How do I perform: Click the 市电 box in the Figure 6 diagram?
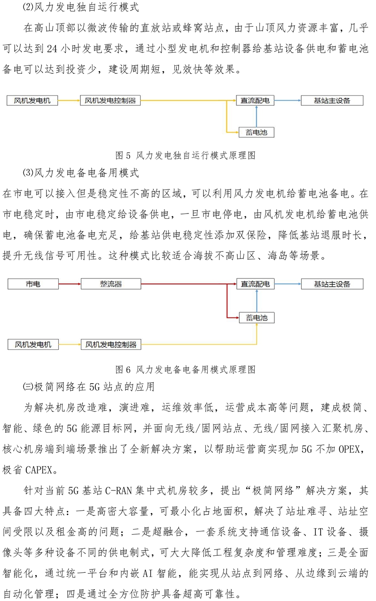point(33,284)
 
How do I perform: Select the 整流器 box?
point(111,284)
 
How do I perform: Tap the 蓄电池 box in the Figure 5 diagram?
point(257,132)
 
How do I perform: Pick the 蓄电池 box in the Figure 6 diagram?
point(257,318)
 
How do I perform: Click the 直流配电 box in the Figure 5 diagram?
point(255,100)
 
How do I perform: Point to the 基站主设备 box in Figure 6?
point(332,284)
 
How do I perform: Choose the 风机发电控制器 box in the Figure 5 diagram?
point(110,100)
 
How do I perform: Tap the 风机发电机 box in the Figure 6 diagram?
point(33,345)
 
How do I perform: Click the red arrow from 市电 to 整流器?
point(70,284)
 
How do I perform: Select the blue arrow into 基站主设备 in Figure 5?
point(288,100)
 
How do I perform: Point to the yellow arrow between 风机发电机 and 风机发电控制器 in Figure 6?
point(70,345)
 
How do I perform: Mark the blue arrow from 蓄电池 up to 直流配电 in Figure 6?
point(257,301)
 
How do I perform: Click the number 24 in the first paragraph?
point(52,48)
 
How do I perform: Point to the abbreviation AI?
point(148,573)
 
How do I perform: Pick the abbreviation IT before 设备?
point(318,532)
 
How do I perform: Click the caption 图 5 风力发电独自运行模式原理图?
point(185,155)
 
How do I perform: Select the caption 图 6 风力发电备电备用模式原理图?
point(185,370)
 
